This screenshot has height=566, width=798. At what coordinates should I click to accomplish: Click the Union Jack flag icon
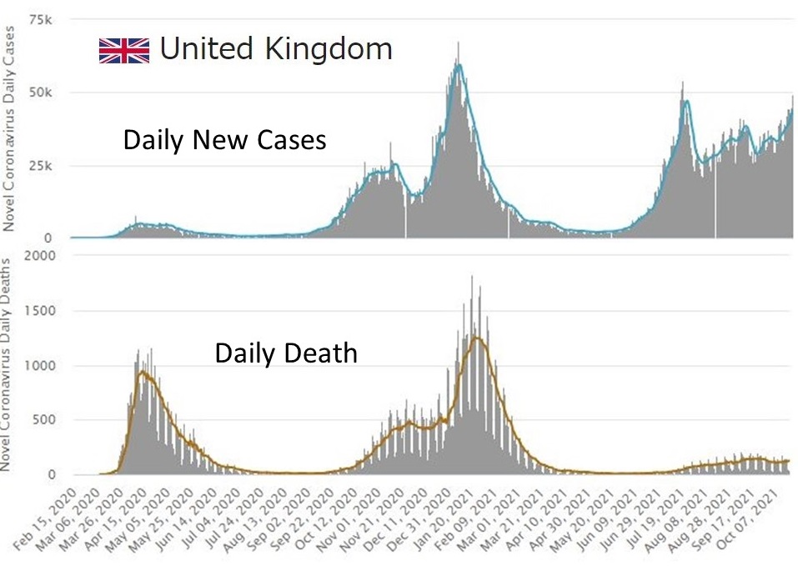124,51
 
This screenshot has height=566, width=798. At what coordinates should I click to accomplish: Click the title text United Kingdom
275,49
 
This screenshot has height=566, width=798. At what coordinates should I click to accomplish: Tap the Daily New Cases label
224,140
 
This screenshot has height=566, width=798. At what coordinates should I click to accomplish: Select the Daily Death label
286,353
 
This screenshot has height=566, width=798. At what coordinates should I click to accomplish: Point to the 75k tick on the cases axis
43,19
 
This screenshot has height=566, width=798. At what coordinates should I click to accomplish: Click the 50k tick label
43,93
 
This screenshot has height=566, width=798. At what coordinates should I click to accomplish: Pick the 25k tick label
43,166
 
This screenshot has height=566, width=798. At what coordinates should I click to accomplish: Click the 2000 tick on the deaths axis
40,256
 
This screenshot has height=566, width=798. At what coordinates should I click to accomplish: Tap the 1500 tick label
40,311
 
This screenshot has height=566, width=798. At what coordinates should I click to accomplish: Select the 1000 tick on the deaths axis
40,366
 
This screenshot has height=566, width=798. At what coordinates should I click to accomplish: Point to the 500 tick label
43,420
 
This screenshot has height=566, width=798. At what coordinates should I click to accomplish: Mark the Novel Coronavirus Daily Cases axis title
12,125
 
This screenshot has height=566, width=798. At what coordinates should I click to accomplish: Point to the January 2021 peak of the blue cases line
458,65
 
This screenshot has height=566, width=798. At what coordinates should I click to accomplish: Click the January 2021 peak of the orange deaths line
475,337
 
